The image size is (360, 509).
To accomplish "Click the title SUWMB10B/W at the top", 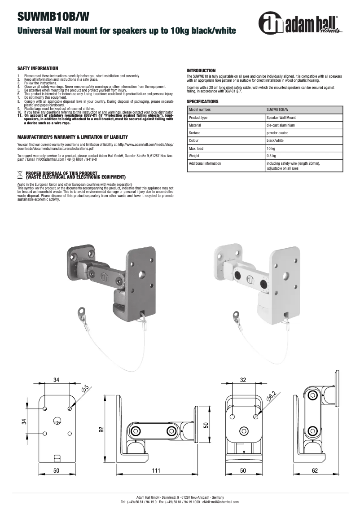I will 53,17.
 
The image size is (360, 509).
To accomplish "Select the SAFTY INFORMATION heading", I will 38,68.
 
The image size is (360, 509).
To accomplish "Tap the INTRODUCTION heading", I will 201,70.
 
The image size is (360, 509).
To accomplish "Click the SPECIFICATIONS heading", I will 202,101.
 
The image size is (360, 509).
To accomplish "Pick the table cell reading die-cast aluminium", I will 281,125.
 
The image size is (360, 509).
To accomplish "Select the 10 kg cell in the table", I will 271,148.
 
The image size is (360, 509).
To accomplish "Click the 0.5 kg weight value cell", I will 271,156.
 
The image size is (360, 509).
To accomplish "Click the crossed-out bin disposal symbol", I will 20,173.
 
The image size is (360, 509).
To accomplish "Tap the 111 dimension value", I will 155,470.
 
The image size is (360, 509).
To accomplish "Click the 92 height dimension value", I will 101,429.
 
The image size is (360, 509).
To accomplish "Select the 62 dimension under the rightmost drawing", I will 314,470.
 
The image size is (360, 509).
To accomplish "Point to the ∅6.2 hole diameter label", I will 272,396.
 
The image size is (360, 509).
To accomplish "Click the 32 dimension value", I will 243,380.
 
